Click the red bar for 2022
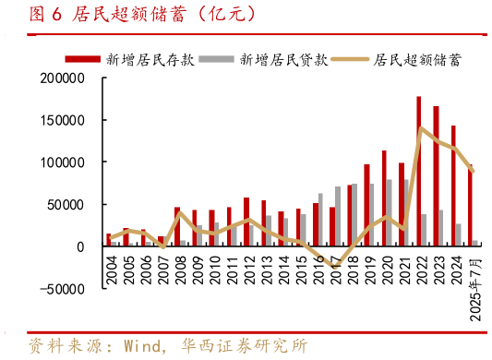click(x=419, y=172)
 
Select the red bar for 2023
click(x=436, y=176)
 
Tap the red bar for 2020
click(x=384, y=198)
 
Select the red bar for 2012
click(x=246, y=222)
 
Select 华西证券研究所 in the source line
click(x=250, y=345)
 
